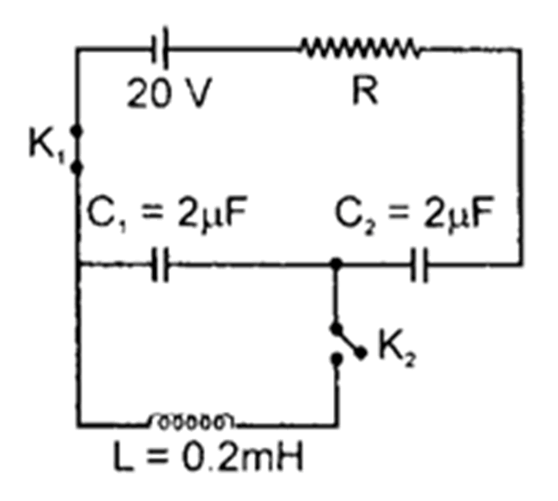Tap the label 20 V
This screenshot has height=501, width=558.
[x=169, y=96]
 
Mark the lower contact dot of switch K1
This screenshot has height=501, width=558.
[x=78, y=167]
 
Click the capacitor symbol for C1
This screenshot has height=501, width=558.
[x=162, y=265]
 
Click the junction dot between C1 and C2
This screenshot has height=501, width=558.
[x=335, y=264]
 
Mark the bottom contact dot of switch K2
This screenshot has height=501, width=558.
[x=336, y=357]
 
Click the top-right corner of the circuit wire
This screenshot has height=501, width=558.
[x=521, y=48]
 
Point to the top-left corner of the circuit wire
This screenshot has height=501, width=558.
[x=78, y=48]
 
